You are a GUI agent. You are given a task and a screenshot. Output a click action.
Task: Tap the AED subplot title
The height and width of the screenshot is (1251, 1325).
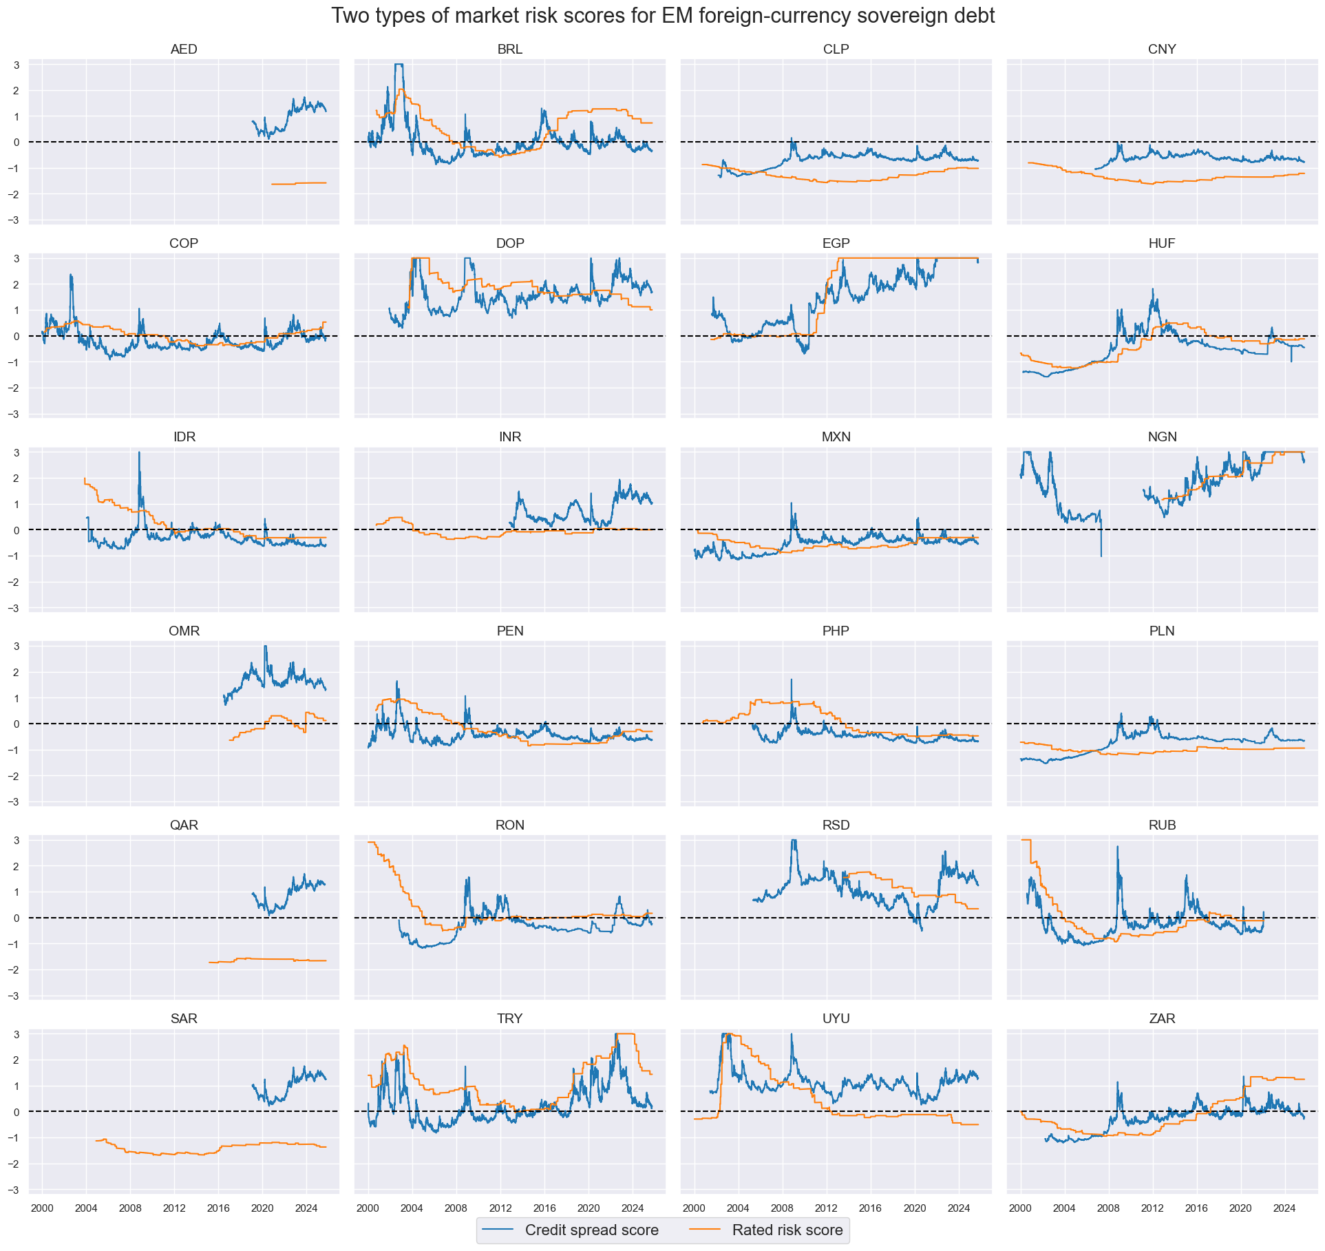coord(184,50)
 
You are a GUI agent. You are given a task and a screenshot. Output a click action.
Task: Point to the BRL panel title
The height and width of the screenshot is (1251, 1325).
coord(509,50)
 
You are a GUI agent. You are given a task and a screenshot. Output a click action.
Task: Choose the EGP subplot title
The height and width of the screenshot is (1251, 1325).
coord(836,243)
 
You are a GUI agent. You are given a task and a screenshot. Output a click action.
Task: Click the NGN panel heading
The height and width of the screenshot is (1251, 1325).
coord(1162,437)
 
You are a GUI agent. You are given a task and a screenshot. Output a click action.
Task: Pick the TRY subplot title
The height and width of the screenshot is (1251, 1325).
coord(509,1018)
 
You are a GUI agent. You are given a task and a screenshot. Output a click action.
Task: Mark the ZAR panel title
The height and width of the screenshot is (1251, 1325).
coord(1162,1018)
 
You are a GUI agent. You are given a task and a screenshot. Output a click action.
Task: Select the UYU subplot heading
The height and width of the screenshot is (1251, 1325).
coord(836,1018)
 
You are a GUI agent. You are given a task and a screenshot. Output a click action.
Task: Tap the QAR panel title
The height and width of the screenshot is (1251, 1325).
coord(184,825)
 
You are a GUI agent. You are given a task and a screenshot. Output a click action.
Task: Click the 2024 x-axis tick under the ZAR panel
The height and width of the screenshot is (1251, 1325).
coord(1284,1208)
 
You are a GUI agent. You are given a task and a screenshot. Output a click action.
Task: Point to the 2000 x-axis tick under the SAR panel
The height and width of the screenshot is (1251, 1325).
coord(42,1208)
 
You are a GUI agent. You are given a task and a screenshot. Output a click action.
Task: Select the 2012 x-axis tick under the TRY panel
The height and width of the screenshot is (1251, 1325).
coord(500,1208)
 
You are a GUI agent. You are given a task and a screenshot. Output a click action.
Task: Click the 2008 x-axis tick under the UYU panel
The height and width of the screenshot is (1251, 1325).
coord(782,1208)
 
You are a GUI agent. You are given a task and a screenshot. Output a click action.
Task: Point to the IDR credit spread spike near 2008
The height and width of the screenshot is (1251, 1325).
coord(139,454)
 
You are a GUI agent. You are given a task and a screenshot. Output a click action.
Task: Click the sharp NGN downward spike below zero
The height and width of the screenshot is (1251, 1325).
coord(1101,554)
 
